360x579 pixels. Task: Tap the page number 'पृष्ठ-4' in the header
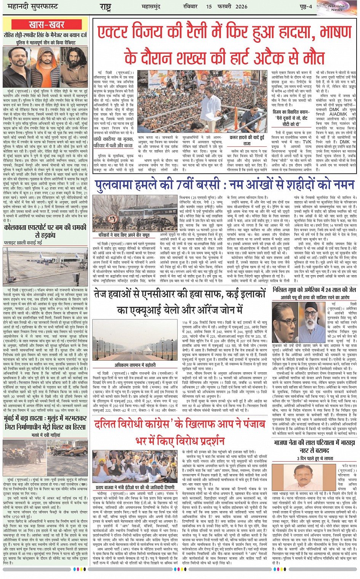click(x=306, y=7)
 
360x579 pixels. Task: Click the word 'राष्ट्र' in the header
click(x=106, y=7)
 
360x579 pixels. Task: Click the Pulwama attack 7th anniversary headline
click(x=224, y=185)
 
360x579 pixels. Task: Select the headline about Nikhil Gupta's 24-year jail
click(x=314, y=290)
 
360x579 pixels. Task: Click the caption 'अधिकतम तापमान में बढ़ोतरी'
click(x=136, y=365)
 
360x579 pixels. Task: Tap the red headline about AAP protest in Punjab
click(x=180, y=432)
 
